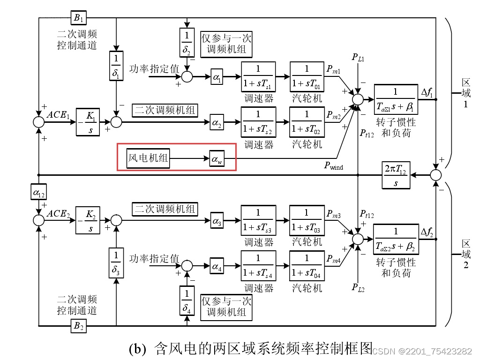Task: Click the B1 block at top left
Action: point(77,18)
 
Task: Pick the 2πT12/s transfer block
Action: point(396,175)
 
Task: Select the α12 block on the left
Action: point(37,192)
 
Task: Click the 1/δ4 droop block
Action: point(187,301)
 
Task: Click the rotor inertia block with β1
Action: point(396,100)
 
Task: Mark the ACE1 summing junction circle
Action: point(38,122)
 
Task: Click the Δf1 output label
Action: point(427,93)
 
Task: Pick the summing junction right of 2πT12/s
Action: point(436,175)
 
